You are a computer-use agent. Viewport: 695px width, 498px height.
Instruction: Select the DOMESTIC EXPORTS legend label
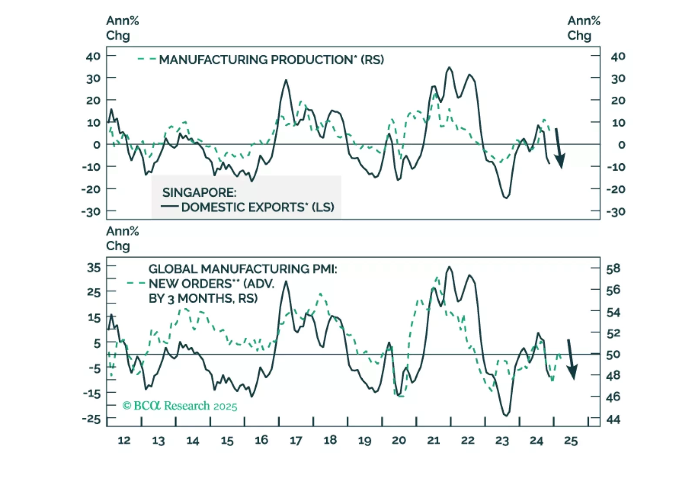coord(257,207)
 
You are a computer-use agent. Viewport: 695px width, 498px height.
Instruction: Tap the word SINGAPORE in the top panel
coord(199,192)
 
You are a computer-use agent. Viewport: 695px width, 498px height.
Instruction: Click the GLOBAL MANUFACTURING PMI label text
coord(243,269)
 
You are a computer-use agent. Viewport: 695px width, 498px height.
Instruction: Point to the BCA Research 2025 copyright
coord(180,406)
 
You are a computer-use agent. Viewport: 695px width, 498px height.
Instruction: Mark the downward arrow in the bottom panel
coord(571,360)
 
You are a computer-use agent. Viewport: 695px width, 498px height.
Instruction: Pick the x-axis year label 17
coord(296,441)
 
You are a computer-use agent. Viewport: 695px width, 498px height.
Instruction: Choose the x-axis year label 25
coord(571,441)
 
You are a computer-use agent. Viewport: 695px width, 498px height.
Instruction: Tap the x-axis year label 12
coord(124,441)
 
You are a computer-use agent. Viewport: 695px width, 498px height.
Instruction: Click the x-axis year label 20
coord(399,441)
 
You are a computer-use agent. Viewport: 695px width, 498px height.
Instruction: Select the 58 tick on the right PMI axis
coord(613,269)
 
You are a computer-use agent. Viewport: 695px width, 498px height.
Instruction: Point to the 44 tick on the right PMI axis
coord(613,420)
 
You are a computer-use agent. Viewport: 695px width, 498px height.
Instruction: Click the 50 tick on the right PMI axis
coord(613,355)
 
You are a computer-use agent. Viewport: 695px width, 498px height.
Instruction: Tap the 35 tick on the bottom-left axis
coord(94,267)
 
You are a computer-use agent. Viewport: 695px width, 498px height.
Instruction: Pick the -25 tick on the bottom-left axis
coord(91,419)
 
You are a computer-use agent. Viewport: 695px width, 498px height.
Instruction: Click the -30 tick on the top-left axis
coord(91,212)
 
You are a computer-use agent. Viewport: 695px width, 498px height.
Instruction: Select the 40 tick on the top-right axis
coord(618,56)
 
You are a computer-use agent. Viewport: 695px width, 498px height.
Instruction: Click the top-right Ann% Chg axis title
coord(584,28)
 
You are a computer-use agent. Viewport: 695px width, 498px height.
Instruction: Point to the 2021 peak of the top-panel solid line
coord(449,67)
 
